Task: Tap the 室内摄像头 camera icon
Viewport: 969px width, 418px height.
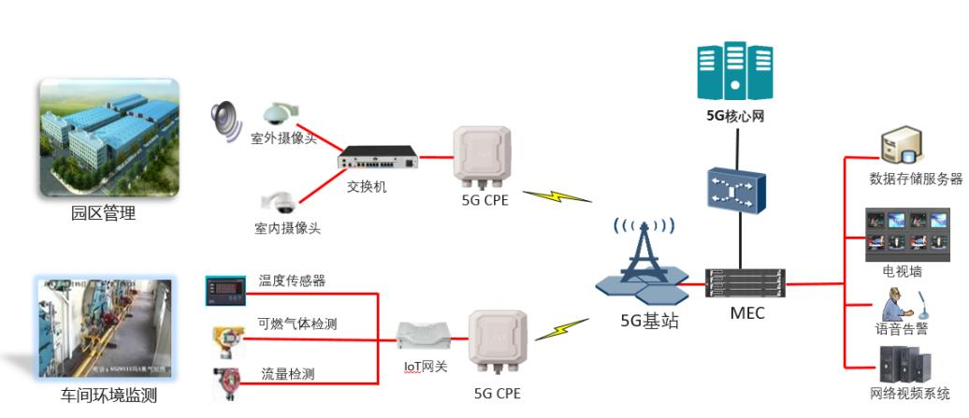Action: (x=277, y=201)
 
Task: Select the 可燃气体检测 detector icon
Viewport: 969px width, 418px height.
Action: (x=224, y=338)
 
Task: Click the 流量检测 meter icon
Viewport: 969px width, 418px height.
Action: (x=224, y=383)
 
